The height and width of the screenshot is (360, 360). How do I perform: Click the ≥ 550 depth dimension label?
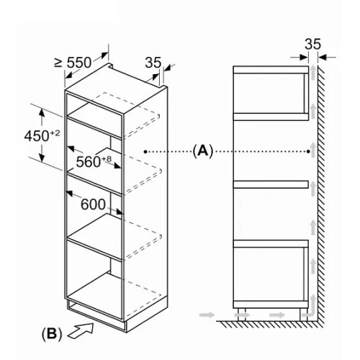[x=73, y=63]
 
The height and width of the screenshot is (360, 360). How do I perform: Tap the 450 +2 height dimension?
[x=42, y=136]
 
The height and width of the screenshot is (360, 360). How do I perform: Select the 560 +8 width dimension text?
[x=94, y=161]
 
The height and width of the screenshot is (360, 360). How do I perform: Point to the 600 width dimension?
[x=93, y=204]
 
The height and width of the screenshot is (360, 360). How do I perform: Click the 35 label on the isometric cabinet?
[x=153, y=63]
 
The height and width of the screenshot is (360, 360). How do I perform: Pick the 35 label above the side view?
[x=312, y=44]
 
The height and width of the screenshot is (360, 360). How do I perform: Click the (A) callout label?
[x=203, y=151]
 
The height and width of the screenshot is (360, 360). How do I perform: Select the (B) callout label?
[x=52, y=333]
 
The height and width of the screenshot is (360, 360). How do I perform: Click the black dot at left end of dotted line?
[x=145, y=151]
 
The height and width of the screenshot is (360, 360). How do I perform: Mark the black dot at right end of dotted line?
[x=308, y=151]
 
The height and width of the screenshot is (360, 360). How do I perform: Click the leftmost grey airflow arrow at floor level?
[x=207, y=315]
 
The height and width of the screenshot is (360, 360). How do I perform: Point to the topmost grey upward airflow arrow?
[x=313, y=72]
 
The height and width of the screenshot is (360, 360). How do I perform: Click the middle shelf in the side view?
[x=271, y=184]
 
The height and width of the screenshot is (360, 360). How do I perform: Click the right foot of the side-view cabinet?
[x=303, y=315]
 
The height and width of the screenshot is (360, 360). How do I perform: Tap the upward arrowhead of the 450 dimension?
[x=42, y=112]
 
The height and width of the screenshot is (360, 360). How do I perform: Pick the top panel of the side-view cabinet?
[x=271, y=70]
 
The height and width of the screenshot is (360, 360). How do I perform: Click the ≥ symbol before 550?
[x=58, y=63]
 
